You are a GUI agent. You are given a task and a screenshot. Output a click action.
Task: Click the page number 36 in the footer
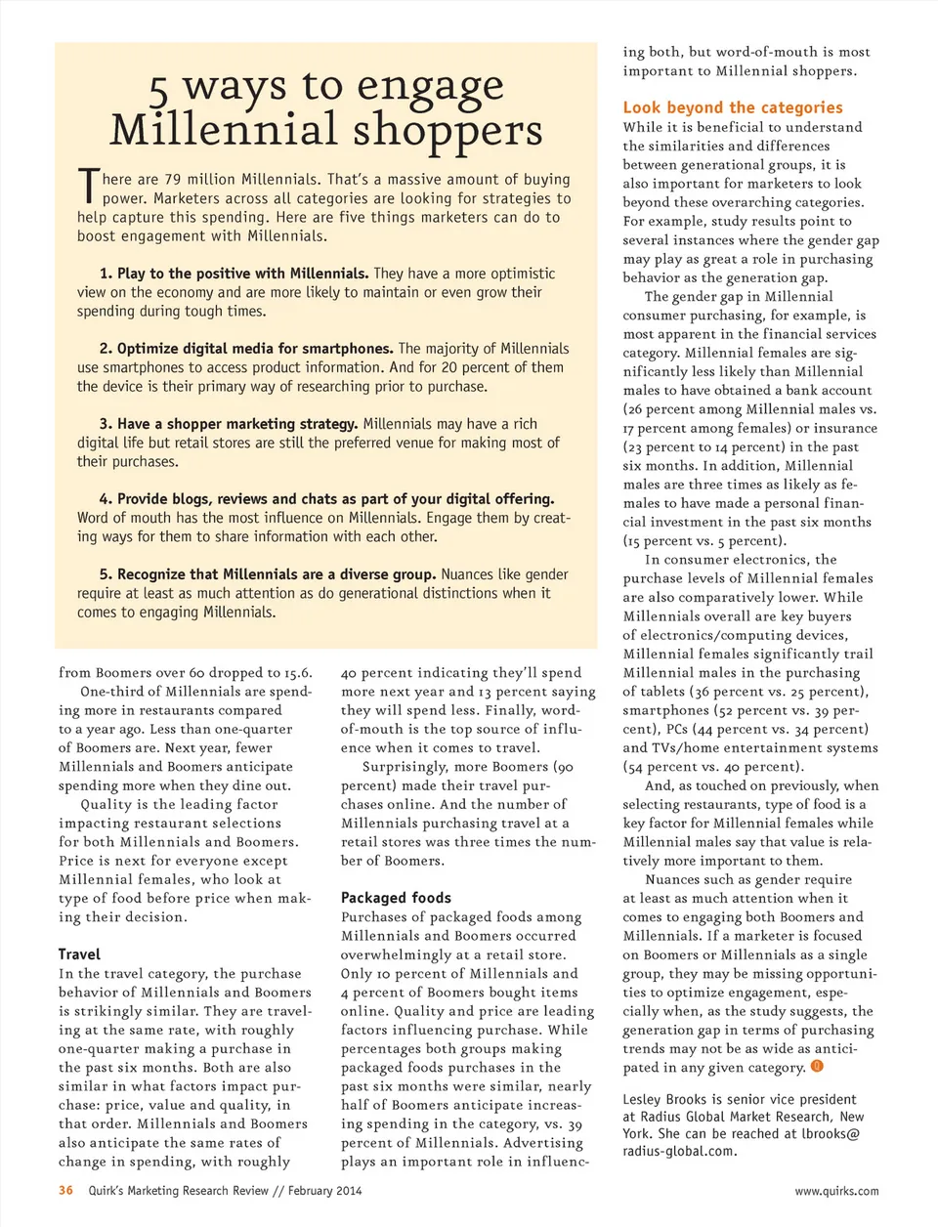click(65, 1190)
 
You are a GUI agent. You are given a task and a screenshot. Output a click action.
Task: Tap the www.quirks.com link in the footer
click(836, 1191)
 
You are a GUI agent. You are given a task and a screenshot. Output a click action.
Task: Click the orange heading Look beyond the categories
click(733, 107)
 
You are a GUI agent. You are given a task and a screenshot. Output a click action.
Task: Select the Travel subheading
click(79, 954)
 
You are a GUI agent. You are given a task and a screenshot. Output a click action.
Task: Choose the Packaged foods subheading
click(396, 898)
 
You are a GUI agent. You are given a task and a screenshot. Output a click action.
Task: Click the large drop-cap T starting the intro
click(88, 187)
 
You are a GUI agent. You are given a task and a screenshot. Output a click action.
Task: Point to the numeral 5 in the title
click(159, 91)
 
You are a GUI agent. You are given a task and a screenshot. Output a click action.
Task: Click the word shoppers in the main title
click(448, 130)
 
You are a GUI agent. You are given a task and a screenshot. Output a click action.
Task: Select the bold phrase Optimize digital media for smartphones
click(255, 349)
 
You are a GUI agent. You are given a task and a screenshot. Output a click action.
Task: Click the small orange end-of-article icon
click(817, 1067)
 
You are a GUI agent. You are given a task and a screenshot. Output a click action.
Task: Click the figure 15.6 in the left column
click(298, 673)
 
